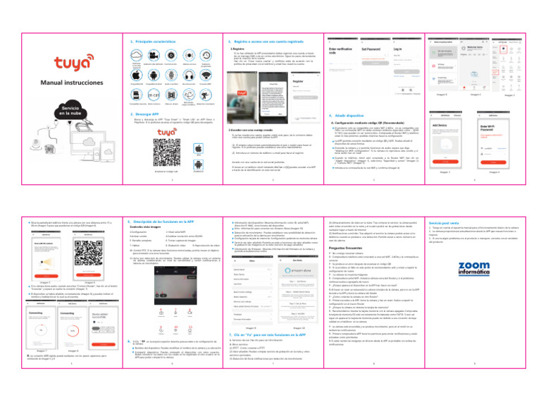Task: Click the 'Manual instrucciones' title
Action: pos(45,83)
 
